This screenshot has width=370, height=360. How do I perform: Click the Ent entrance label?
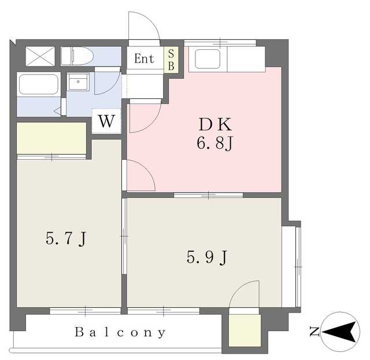coord(144,58)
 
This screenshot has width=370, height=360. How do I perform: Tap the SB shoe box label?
coord(171,60)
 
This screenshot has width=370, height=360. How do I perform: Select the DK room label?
coord(215,124)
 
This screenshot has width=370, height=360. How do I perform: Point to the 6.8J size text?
coord(215,144)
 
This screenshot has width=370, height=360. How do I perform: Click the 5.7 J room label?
coord(66,238)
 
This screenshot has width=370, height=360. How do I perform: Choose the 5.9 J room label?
coord(207,257)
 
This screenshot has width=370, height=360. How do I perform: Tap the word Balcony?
coord(120,332)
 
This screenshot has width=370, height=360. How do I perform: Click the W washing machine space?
coord(106,121)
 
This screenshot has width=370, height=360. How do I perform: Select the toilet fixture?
coord(77,56)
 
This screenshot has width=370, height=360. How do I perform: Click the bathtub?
coord(39,85)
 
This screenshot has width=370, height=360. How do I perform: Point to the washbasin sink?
coord(78,82)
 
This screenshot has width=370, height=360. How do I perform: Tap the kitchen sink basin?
coord(208,59)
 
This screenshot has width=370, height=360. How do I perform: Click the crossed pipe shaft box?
coord(40,56)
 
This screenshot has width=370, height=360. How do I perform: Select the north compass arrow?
coord(339,332)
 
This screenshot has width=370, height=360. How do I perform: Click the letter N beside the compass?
coord(314,332)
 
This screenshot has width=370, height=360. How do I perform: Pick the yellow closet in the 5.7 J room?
coord(51,138)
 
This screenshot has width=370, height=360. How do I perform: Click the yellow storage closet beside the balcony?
coord(245,330)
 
